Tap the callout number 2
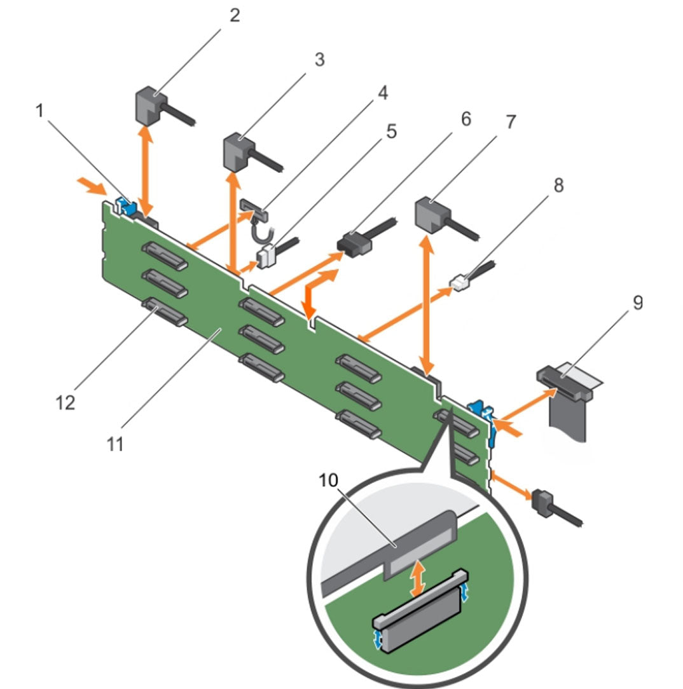pyautogui.click(x=235, y=15)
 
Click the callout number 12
pyautogui.click(x=65, y=402)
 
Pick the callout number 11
pyautogui.click(x=115, y=443)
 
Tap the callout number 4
pyautogui.click(x=381, y=93)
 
